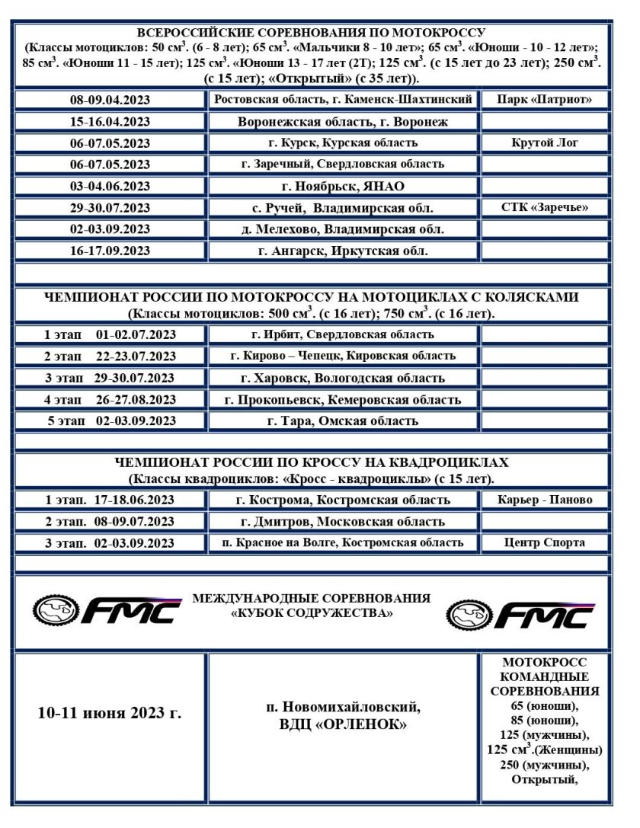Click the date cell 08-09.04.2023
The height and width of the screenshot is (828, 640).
(x=110, y=100)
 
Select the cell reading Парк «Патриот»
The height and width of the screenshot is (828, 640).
(x=544, y=99)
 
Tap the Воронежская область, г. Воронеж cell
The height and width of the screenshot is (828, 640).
(x=342, y=121)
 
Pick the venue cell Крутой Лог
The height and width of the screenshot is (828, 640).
(x=544, y=142)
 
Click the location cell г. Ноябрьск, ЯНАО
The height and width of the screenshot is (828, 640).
(x=342, y=186)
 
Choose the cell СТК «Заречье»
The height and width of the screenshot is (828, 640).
(x=544, y=207)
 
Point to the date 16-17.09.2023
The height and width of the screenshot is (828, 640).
(x=110, y=251)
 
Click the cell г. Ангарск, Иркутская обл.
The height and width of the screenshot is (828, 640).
(x=342, y=251)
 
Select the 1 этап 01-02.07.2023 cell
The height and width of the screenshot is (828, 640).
(x=110, y=334)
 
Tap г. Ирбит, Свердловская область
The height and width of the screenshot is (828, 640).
(x=342, y=334)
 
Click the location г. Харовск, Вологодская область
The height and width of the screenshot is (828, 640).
(x=342, y=378)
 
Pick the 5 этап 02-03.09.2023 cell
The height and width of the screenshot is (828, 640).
(x=110, y=421)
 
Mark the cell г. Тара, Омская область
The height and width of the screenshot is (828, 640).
(x=342, y=421)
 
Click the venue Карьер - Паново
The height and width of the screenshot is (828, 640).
(x=544, y=500)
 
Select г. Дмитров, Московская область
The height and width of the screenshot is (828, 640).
(x=342, y=522)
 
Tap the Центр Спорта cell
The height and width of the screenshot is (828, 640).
(x=544, y=543)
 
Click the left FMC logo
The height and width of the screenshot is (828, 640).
(x=107, y=609)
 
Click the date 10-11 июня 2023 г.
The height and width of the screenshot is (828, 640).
(x=110, y=714)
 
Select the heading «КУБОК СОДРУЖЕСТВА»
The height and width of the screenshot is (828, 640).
(x=312, y=613)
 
